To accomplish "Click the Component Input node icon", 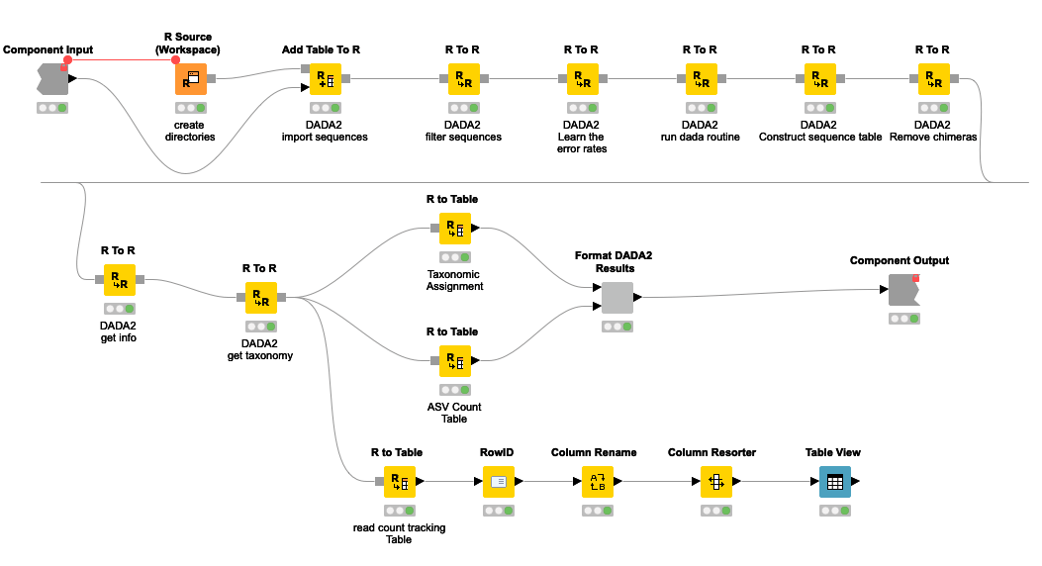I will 52,79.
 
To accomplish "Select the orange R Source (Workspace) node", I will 191,79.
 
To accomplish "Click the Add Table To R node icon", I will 326,79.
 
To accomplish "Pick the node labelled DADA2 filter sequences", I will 460,79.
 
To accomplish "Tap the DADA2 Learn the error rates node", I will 581,79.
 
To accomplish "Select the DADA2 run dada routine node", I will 700,79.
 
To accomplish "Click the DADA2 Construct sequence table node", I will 818,79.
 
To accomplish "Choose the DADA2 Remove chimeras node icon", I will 932,79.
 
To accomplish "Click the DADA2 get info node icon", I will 120,280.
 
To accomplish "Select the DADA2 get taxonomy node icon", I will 260,297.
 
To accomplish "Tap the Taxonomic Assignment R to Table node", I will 454,229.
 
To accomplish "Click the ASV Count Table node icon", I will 454,361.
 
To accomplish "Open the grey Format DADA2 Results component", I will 616,297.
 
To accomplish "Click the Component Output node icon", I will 901,290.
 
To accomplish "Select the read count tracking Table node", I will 399,482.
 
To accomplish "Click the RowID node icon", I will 499,482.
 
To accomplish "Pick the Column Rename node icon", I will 597,482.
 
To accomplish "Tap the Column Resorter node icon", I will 714,482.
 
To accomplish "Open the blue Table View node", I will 834,482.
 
